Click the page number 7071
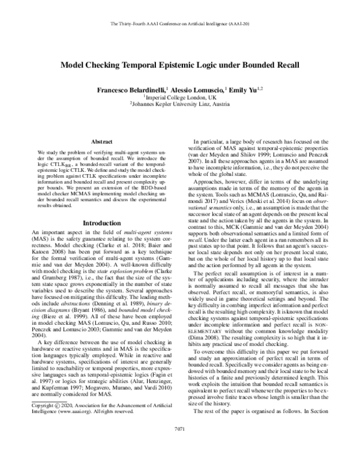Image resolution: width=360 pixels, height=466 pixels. pyautogui.click(x=179, y=446)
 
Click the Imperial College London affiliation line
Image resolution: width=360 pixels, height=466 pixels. pyautogui.click(x=180, y=97)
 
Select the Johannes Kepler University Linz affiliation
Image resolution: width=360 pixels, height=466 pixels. pyautogui.click(x=180, y=104)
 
